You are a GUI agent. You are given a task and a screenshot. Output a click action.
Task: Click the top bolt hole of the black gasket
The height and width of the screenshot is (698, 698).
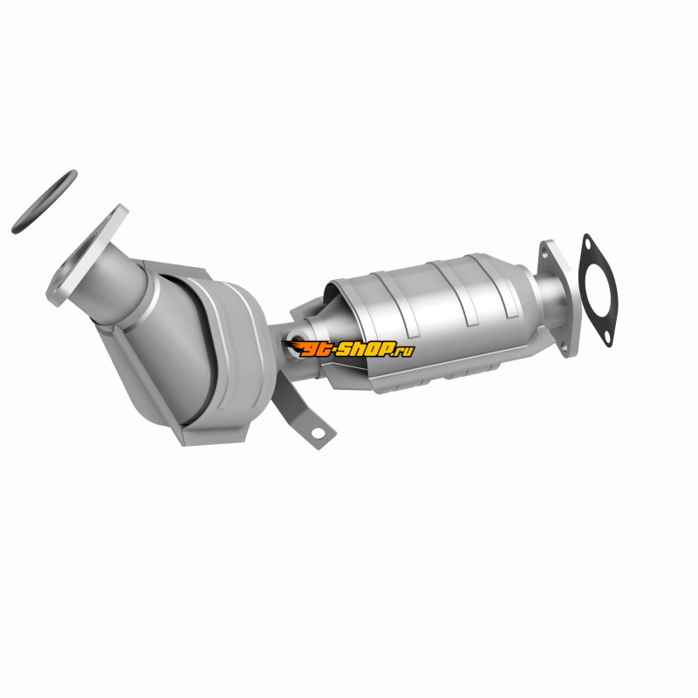click(587, 244)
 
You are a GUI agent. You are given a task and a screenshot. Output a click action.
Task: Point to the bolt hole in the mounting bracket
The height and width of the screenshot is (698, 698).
click(318, 433)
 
